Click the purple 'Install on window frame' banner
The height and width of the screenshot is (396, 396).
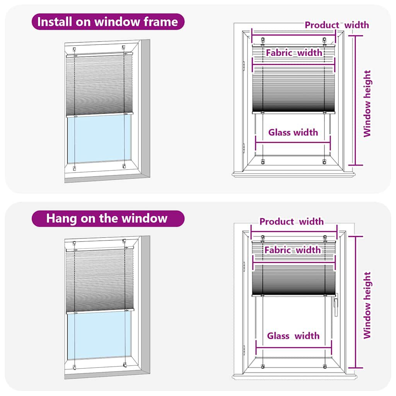108,22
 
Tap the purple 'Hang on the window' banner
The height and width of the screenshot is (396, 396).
108,218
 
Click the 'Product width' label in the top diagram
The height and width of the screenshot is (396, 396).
337,25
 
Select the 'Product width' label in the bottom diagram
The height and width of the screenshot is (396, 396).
292,222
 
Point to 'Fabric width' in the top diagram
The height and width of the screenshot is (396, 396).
294,53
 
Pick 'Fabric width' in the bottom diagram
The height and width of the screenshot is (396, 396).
292,250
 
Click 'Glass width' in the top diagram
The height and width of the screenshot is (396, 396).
293,132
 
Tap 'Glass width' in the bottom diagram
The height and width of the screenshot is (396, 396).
293,336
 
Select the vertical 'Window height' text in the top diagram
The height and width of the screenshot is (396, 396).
367,103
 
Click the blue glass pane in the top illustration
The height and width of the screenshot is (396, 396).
99,139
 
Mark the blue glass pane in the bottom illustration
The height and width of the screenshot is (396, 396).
99,335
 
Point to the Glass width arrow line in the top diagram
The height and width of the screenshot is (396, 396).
293,142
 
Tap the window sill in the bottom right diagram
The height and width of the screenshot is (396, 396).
294,377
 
